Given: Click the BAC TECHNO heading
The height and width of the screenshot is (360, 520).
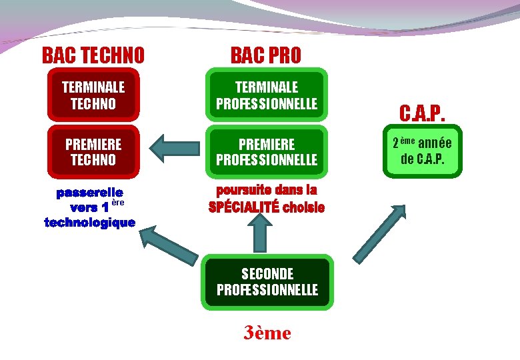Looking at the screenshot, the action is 93,55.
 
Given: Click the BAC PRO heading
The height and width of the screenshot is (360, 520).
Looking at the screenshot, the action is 266,55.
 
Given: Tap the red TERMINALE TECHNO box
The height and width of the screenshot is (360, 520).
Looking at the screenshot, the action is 93,95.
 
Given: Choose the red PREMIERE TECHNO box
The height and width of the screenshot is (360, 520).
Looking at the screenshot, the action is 93,152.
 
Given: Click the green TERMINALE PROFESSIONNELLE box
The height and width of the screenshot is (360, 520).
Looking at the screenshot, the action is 267,95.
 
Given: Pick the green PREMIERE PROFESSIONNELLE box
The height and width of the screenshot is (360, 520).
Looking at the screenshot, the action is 267,152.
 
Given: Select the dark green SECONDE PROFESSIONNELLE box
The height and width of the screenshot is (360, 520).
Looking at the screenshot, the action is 267,281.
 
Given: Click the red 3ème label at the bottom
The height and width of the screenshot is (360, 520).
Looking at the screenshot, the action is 267,333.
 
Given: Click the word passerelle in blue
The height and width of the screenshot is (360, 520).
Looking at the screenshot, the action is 89,193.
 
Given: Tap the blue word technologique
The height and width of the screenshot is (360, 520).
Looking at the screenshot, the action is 89,222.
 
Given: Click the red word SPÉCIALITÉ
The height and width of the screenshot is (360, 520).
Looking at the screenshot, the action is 243,207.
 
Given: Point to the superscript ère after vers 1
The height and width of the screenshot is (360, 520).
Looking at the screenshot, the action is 118,202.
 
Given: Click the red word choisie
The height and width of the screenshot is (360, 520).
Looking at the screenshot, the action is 303,207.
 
